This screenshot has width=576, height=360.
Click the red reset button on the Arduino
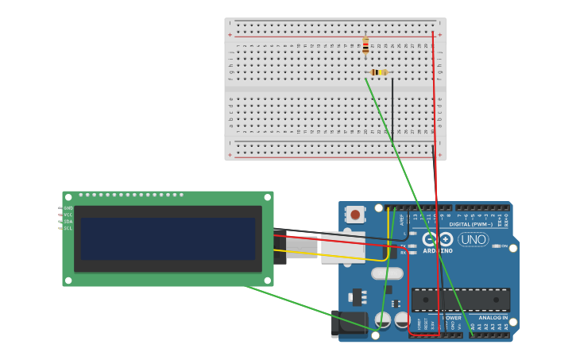(x=355, y=214)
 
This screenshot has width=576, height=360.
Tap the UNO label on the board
(x=474, y=239)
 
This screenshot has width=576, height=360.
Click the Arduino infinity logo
(x=437, y=239)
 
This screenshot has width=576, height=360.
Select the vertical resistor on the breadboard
(x=365, y=45)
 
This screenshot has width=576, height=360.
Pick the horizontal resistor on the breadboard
(x=379, y=72)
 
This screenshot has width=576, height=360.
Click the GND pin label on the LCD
(x=68, y=208)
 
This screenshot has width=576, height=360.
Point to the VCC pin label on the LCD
(x=68, y=215)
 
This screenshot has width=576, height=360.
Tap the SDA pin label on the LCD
(x=68, y=222)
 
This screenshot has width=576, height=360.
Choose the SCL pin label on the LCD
(x=68, y=228)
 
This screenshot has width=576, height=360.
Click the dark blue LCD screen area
(x=168, y=239)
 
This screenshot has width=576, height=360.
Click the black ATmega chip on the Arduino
(x=461, y=300)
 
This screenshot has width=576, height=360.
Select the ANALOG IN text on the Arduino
(x=493, y=317)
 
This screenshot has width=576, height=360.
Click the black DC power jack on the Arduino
(x=348, y=323)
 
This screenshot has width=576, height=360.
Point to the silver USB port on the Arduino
(x=342, y=247)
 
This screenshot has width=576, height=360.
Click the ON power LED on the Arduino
(x=498, y=246)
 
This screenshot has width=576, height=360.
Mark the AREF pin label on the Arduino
(x=402, y=219)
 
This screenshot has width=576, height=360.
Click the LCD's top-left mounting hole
(x=69, y=196)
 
